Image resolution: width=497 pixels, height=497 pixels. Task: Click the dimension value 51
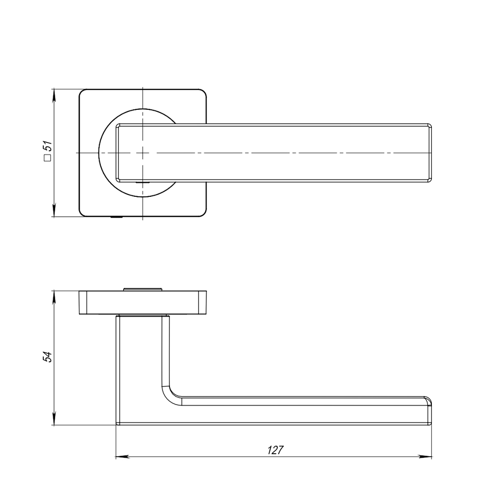(48, 146)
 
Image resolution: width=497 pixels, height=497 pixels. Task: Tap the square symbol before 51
(48, 159)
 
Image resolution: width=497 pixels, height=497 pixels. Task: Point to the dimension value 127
(275, 450)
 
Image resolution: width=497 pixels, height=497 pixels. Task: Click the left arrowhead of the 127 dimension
(120, 456)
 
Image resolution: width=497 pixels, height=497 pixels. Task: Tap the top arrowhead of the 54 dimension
(54, 296)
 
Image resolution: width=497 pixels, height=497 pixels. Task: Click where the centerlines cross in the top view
(143, 153)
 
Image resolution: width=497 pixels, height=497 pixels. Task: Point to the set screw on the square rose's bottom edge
(117, 217)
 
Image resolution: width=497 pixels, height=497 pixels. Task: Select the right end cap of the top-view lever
(429, 153)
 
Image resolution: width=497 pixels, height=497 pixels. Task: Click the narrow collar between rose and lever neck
(143, 316)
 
